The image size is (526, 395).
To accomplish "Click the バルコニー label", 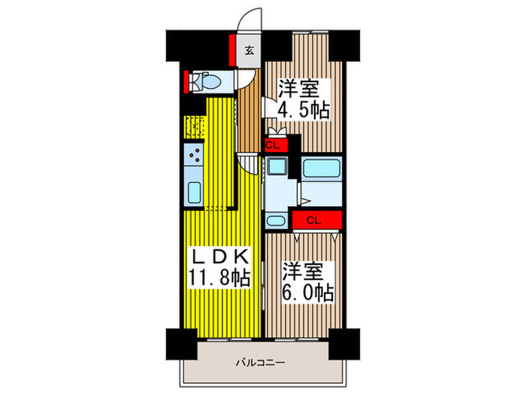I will point(260,363).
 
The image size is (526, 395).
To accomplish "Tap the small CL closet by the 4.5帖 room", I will point(273,144).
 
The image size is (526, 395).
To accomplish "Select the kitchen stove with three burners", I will point(194,156).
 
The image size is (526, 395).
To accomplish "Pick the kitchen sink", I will point(194,192).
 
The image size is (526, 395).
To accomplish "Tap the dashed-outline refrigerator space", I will point(193,128).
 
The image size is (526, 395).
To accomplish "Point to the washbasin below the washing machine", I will point(276,220).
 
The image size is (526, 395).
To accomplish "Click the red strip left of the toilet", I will point(186,80).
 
